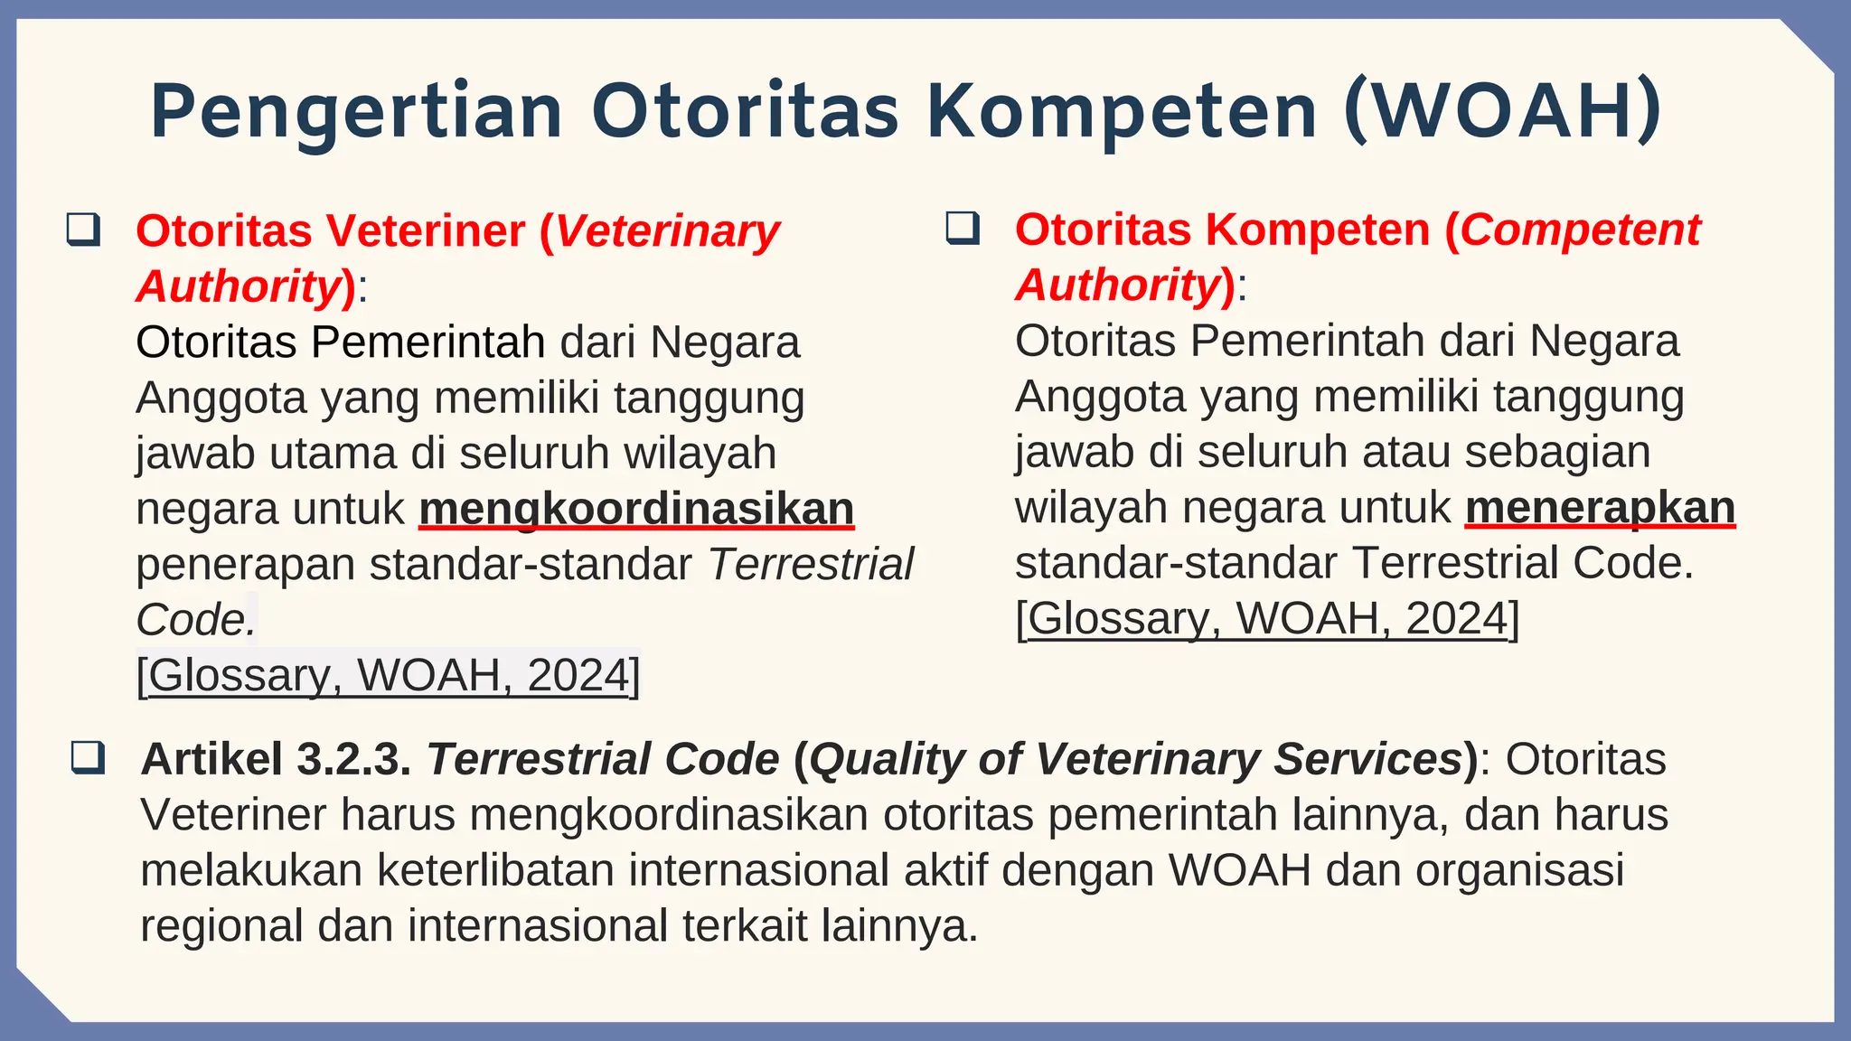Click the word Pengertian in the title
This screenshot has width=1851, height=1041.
coord(356,112)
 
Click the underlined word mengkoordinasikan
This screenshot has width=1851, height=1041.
coord(636,509)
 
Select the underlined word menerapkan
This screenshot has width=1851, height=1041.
coord(1600,507)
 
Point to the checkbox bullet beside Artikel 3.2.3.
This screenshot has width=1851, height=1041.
coord(89,757)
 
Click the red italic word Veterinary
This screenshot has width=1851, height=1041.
coord(667,231)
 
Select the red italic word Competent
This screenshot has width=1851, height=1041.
coord(1581,230)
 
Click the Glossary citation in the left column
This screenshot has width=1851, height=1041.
coord(388,675)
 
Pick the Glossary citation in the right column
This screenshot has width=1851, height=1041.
coord(1267,619)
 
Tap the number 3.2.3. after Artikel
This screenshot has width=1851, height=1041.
coord(354,759)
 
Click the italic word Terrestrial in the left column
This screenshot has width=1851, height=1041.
coord(811,565)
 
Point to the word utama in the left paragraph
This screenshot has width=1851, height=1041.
coord(334,453)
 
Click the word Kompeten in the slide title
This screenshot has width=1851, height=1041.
coord(1122,112)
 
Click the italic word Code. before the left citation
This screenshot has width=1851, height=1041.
coord(195,621)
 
